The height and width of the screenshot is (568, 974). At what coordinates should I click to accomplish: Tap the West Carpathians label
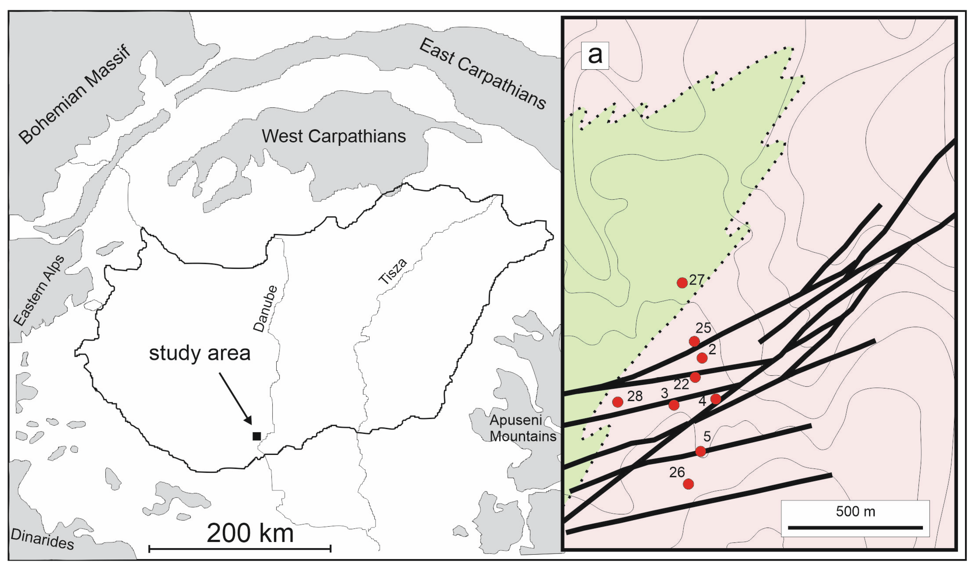point(334,136)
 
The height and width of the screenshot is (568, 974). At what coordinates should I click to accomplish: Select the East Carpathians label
point(483,73)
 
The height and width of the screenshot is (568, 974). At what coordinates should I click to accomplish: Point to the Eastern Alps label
point(39,290)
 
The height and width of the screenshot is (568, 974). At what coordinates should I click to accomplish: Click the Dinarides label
point(42,539)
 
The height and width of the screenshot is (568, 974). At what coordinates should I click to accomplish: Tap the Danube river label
point(265,309)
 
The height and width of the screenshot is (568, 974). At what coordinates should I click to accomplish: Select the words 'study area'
point(200,353)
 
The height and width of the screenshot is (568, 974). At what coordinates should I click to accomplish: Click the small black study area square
point(257,436)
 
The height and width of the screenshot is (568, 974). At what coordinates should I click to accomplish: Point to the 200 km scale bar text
point(250,533)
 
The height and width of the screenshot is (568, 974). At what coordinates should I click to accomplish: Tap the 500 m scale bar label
point(855,511)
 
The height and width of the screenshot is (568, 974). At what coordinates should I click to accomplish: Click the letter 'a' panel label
point(595,56)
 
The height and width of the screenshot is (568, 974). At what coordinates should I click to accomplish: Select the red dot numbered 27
point(682,283)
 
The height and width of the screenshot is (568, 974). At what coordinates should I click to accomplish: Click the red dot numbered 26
point(688,484)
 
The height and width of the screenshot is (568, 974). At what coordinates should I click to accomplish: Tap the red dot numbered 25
point(694,341)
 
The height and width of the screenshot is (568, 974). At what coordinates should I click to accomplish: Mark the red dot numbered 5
point(700,451)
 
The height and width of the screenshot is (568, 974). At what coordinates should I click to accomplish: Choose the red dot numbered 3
point(674,405)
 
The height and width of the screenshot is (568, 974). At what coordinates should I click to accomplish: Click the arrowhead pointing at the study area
point(248,420)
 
